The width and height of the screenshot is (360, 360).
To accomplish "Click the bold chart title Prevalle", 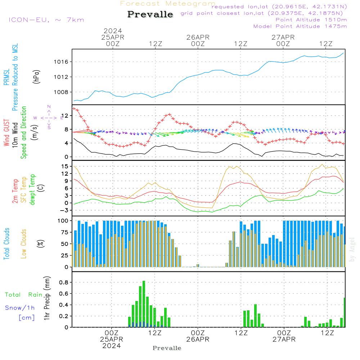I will click(150, 14).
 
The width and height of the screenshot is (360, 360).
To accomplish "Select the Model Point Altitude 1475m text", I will click(300, 26).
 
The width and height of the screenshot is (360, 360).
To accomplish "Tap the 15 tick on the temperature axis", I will click(65, 166).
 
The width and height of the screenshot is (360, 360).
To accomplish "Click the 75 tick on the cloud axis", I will click(64, 232).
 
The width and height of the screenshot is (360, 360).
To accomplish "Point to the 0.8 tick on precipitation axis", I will click(64, 282).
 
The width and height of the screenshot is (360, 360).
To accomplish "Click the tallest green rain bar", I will click(144, 302).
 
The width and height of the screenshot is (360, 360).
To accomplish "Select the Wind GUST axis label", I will click(7, 133).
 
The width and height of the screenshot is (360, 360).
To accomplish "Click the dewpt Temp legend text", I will click(32, 189).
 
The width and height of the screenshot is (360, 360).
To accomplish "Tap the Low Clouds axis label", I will click(24, 243).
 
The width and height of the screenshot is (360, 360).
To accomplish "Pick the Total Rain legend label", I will click(23, 295).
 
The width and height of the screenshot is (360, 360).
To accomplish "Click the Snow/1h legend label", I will click(20, 308).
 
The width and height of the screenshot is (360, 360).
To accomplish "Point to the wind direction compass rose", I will click(49, 117).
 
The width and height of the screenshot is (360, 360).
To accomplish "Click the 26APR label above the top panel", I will click(198, 37).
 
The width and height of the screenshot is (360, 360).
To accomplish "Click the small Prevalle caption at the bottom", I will click(167, 348).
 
